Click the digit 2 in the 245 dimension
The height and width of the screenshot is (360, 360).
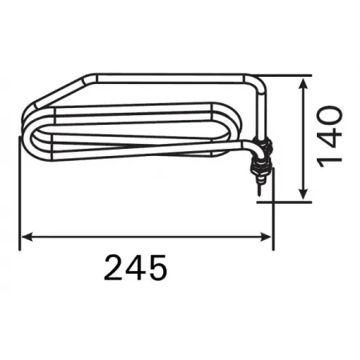point(114,267)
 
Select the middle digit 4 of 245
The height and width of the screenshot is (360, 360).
point(135,267)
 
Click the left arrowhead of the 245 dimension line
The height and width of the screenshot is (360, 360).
point(27,237)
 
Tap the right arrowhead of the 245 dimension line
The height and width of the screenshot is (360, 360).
point(266,237)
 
